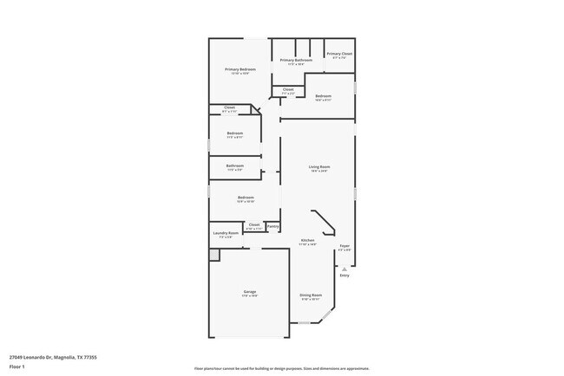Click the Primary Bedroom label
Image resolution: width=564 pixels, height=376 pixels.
pyautogui.click(x=240, y=69)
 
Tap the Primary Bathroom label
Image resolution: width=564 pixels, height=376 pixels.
pyautogui.click(x=296, y=60)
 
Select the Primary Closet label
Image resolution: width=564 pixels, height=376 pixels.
pyautogui.click(x=339, y=54)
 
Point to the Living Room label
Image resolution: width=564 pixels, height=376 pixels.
pyautogui.click(x=319, y=166)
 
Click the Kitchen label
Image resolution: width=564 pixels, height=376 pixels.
pyautogui.click(x=307, y=240)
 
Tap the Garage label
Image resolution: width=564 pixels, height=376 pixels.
pyautogui.click(x=250, y=292)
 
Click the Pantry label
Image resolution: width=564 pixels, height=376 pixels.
pyautogui.click(x=272, y=226)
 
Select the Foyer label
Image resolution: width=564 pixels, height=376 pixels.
pyautogui.click(x=344, y=247)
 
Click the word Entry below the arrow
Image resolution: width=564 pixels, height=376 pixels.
pyautogui.click(x=344, y=276)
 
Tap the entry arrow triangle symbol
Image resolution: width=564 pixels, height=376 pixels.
pyautogui.click(x=344, y=269)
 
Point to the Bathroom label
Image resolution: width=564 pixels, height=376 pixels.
pyautogui.click(x=235, y=165)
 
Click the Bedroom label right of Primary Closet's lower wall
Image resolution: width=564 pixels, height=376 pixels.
pyautogui.click(x=323, y=95)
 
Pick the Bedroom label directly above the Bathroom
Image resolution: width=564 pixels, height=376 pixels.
pyautogui.click(x=235, y=133)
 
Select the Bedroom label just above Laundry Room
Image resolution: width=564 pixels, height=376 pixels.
pyautogui.click(x=246, y=198)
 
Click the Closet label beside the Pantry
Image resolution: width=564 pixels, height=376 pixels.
pyautogui.click(x=254, y=224)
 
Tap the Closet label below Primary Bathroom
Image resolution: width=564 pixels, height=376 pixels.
pyautogui.click(x=288, y=89)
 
